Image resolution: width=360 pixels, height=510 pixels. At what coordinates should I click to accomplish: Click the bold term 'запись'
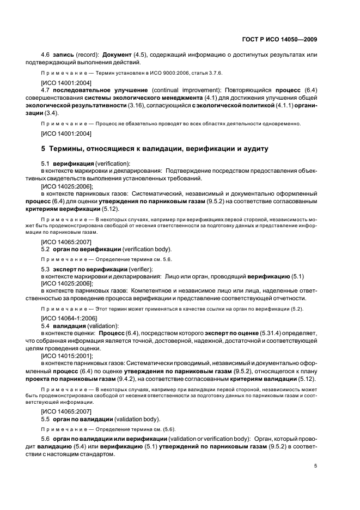[x=64, y=55]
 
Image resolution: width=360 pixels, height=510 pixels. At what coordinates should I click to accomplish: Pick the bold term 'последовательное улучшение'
[x=100, y=90]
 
